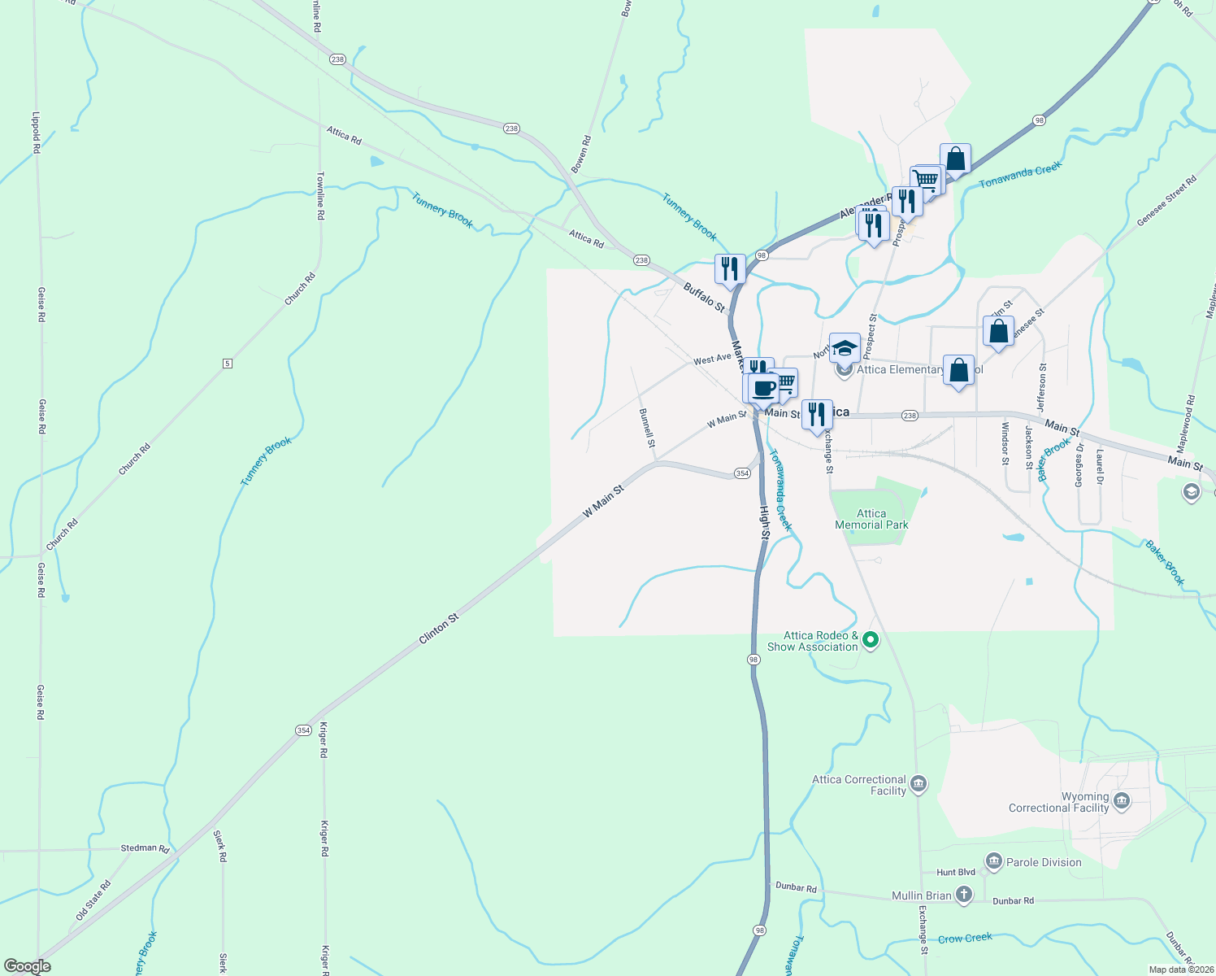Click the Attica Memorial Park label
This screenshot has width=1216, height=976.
(x=871, y=519)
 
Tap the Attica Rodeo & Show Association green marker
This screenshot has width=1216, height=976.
(x=871, y=640)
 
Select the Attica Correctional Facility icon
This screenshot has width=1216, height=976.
(x=919, y=784)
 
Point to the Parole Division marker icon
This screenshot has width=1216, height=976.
(x=993, y=861)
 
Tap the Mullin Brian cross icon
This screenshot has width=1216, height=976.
(x=963, y=895)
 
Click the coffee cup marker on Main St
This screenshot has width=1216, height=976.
(x=764, y=388)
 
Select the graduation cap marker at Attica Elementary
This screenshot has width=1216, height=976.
(x=845, y=348)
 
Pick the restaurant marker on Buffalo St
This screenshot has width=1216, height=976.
(x=730, y=268)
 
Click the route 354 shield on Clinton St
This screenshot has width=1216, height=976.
(x=303, y=730)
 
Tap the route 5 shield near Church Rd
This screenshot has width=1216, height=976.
(x=228, y=363)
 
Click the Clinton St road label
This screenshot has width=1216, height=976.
(x=439, y=629)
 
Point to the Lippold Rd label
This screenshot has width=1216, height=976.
(x=36, y=133)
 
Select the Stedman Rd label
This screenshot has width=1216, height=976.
(x=145, y=848)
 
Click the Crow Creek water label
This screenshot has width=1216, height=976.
(x=965, y=938)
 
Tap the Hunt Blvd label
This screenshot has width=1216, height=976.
(x=956, y=872)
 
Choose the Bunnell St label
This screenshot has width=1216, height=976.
(x=647, y=428)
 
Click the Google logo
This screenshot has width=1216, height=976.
(x=27, y=966)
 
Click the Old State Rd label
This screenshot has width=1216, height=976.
(x=93, y=900)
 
